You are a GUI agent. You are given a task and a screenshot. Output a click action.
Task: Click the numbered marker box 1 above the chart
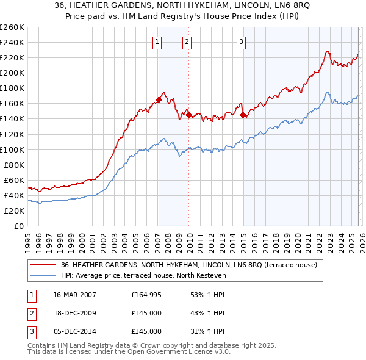coord(157,42)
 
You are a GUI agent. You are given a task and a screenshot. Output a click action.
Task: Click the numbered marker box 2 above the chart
coord(187,42)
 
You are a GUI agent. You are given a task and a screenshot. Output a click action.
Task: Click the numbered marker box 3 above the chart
coord(241,42)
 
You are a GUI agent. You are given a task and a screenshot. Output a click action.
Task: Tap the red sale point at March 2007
coord(159,99)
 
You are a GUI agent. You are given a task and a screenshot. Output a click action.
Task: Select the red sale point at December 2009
coord(188,115)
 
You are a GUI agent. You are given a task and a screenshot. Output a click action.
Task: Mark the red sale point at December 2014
coord(243,115)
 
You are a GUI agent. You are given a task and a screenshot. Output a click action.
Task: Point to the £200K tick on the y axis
coord(12,73)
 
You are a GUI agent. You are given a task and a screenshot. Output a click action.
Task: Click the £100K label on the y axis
coord(12,149)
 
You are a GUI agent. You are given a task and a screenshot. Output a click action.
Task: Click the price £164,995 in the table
coord(146,295)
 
